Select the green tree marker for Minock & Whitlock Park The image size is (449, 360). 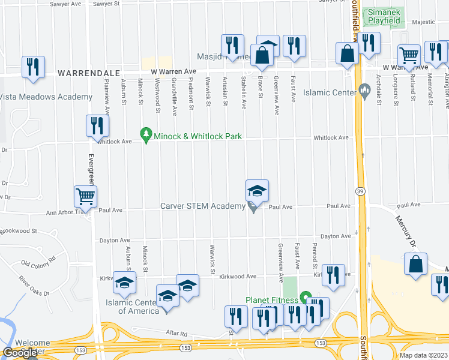click(x=145, y=136)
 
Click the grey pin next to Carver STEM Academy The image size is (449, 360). click(x=253, y=207)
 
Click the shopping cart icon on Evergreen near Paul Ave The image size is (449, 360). click(x=85, y=196)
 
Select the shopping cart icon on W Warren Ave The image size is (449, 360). click(x=409, y=55)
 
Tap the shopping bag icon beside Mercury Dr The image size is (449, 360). click(x=415, y=264)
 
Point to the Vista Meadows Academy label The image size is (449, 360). click(x=46, y=97)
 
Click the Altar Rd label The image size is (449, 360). click(x=177, y=334)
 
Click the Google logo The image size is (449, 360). click(x=20, y=353)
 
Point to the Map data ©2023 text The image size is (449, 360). click(x=423, y=355)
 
